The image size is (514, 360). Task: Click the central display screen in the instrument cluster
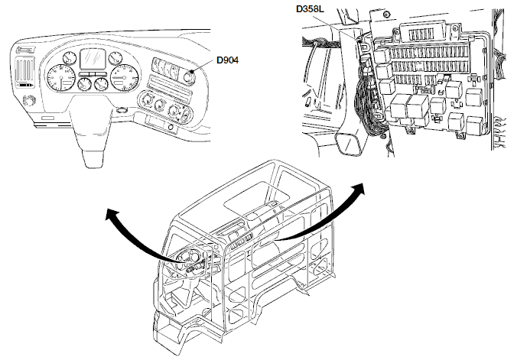[x=93, y=58]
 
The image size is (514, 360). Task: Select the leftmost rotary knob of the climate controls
[x=142, y=99]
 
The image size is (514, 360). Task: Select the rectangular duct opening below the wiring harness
[x=353, y=141]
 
